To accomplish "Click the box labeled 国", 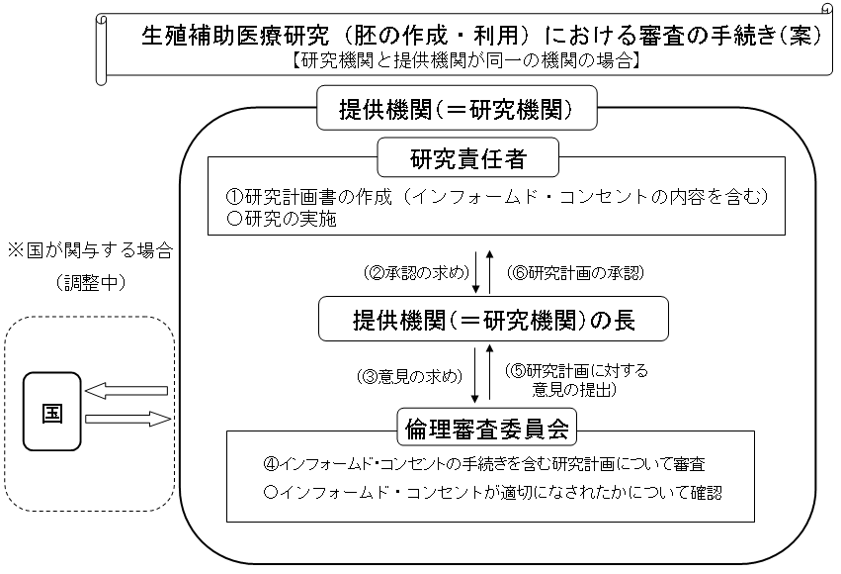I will click(52, 413).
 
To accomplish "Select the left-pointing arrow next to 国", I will click(126, 390).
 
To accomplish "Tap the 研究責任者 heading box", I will click(469, 157).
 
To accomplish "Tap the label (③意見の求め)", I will click(410, 376).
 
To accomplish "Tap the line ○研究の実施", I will click(283, 219).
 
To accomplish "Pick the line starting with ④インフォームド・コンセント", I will click(484, 463).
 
